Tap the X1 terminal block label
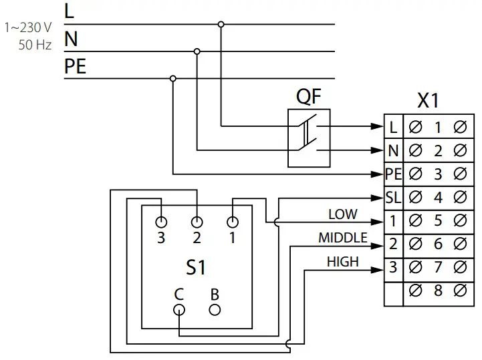[428, 101]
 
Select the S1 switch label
[195, 268]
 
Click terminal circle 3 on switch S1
[160, 222]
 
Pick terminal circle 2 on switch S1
[197, 222]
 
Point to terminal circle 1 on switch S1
[233, 222]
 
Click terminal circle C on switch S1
[178, 310]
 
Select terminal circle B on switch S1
[215, 310]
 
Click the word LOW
[342, 214]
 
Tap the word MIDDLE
[342, 238]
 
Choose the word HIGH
[342, 262]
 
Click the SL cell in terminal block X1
[393, 198]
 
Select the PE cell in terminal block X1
[393, 174]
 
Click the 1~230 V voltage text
[28, 28]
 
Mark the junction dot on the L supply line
[221, 25]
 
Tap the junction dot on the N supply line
[197, 51]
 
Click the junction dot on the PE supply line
[173, 78]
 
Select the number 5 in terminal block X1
[438, 221]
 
